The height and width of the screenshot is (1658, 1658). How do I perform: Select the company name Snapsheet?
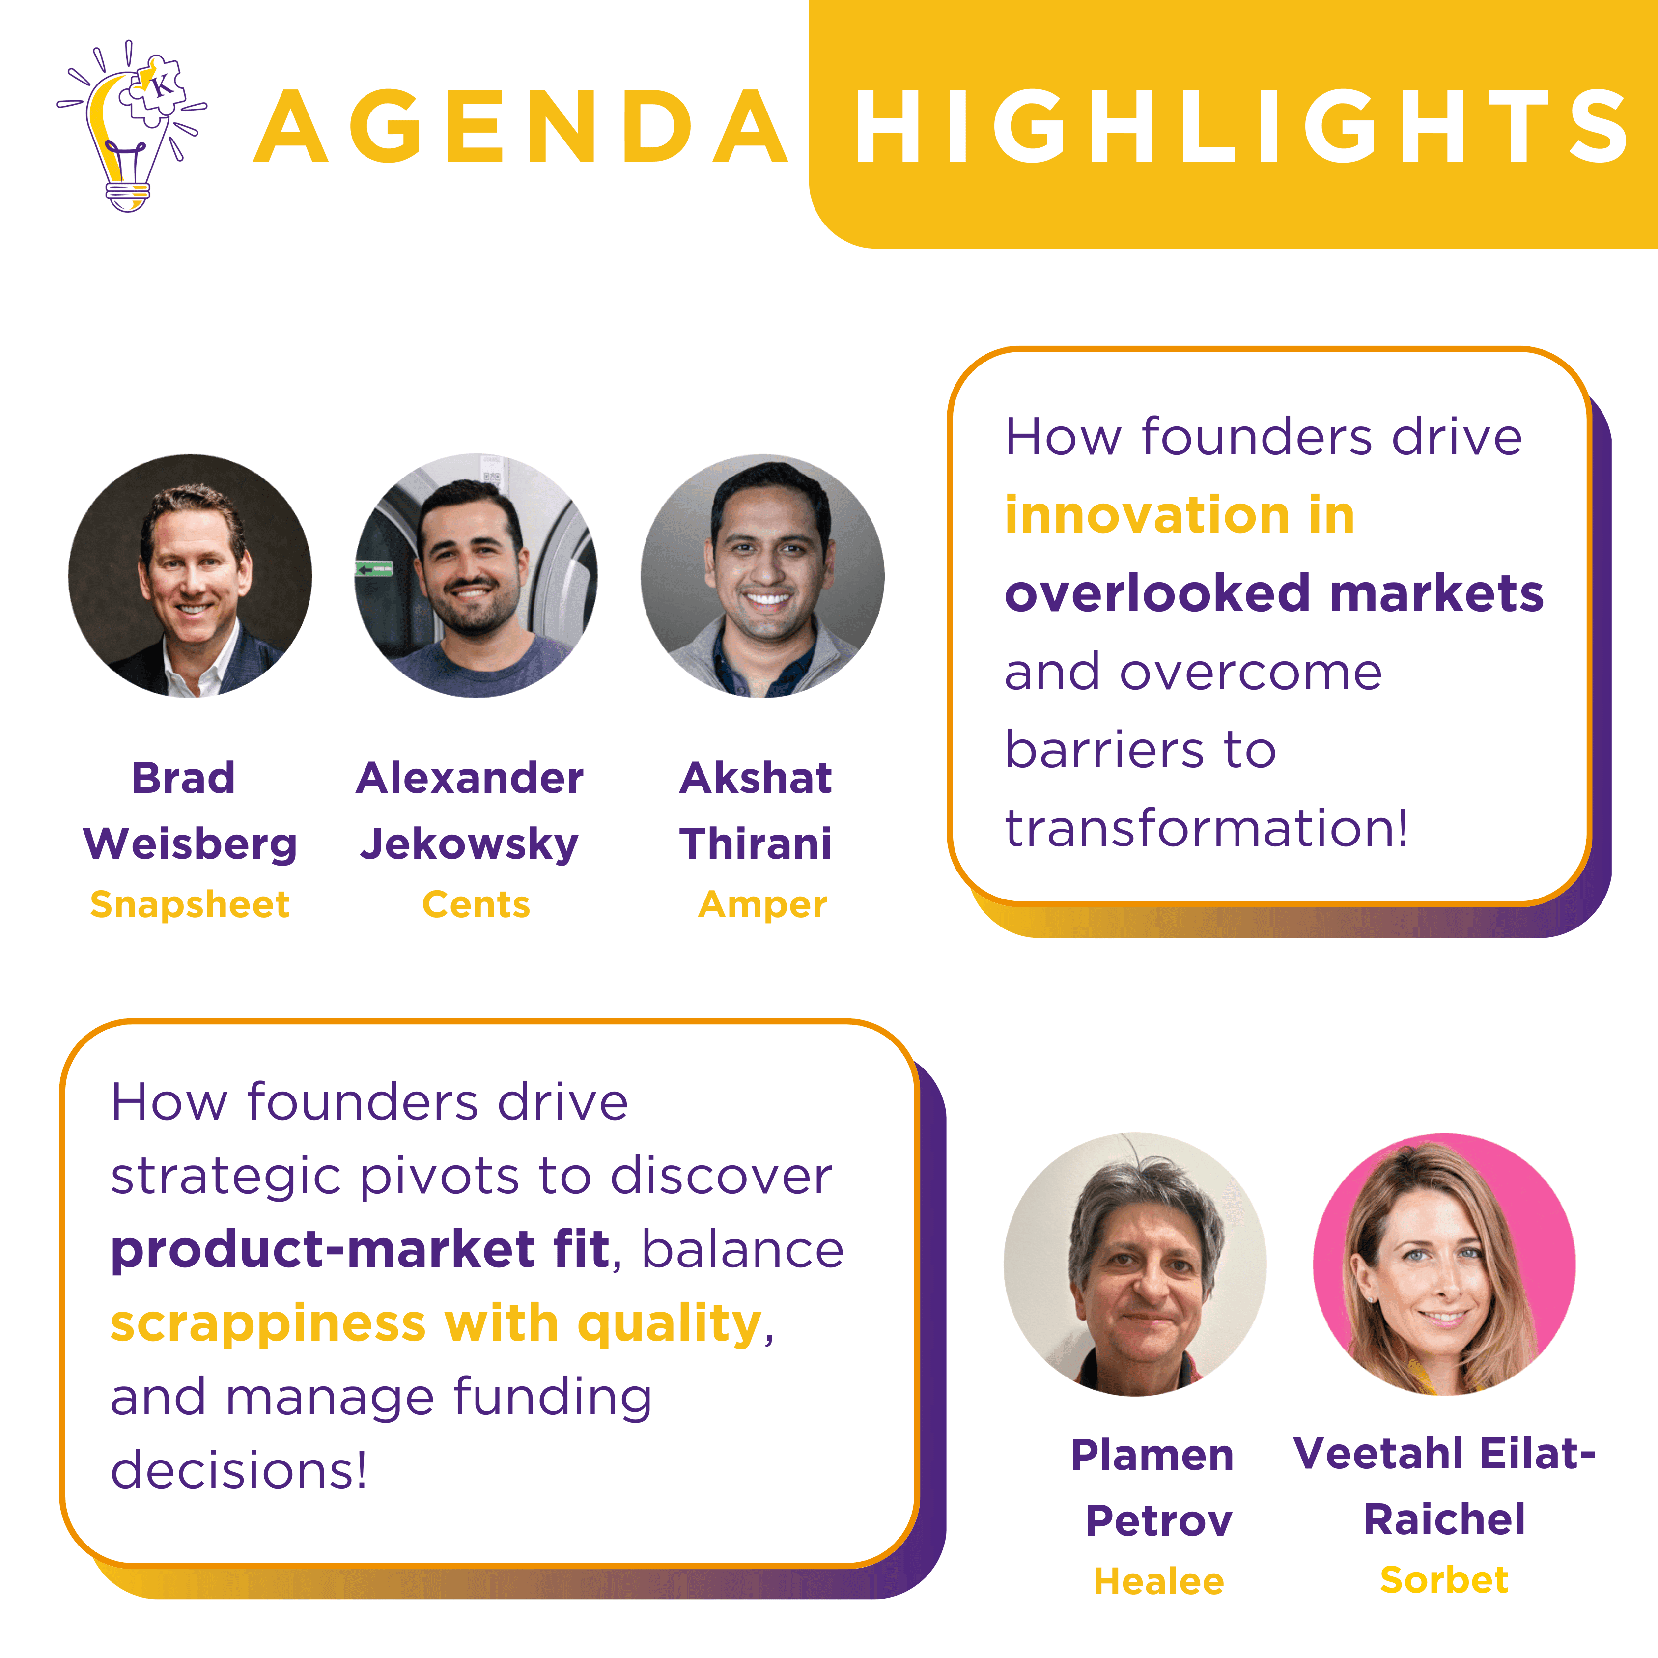[x=190, y=904]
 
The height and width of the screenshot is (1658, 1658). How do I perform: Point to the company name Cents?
[x=477, y=904]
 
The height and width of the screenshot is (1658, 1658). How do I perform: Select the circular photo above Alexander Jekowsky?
[x=477, y=576]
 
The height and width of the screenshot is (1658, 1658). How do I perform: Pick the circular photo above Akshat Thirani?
[x=763, y=576]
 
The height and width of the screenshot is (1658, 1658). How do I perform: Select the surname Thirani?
[x=755, y=843]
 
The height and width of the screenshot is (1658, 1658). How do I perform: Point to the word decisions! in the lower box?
[x=239, y=1470]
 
